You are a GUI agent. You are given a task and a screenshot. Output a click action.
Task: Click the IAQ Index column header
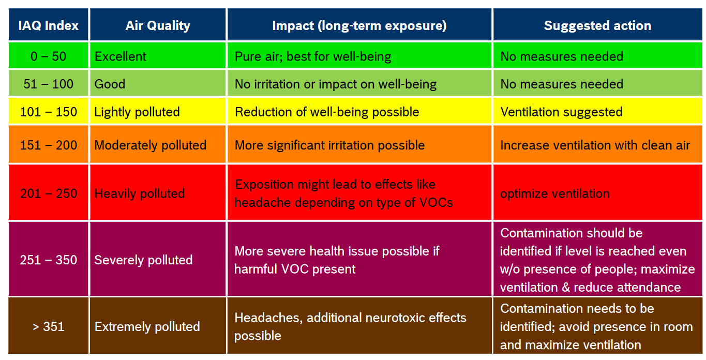(49, 25)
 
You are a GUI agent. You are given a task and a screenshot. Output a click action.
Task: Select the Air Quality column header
(158, 25)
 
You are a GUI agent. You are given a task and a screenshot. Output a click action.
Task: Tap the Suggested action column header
(597, 25)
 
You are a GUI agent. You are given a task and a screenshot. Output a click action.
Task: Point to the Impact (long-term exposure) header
(359, 25)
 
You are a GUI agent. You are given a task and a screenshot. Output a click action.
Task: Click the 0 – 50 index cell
(49, 56)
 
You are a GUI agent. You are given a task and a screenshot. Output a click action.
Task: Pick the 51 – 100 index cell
(49, 84)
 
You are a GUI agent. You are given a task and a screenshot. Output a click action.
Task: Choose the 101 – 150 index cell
(49, 112)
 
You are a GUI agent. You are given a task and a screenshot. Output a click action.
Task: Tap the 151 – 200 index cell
(49, 145)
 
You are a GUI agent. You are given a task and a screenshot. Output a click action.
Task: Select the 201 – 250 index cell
(49, 193)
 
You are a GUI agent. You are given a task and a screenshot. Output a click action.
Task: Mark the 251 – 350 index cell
(49, 260)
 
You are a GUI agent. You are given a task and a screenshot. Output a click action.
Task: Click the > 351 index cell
(49, 326)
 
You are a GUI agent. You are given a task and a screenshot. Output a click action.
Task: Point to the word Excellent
(121, 56)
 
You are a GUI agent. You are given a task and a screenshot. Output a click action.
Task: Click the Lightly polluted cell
(137, 112)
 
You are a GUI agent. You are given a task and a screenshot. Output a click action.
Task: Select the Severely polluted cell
(143, 260)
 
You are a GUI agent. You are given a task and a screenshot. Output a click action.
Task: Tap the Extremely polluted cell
(147, 326)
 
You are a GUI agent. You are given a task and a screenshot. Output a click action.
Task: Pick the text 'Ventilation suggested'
(561, 112)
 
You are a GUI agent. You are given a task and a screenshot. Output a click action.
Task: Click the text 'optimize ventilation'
(554, 193)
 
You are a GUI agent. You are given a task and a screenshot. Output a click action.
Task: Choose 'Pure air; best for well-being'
(313, 56)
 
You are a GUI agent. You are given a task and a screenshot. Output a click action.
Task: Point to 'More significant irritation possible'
(329, 145)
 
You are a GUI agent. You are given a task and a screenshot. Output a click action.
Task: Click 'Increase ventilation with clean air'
(595, 145)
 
